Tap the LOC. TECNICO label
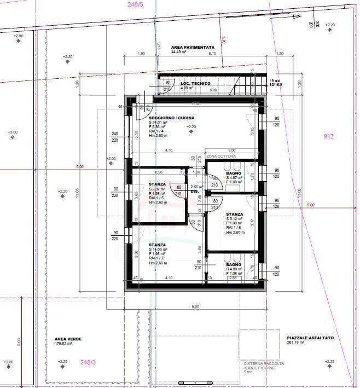tap(195, 83)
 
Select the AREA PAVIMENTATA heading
tap(193, 48)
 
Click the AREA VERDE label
tap(68, 339)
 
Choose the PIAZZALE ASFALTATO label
tap(310, 338)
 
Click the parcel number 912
tap(328, 136)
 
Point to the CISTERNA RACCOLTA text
tap(264, 364)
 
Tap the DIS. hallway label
tap(194, 192)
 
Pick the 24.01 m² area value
tap(160, 123)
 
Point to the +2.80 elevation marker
tap(18, 36)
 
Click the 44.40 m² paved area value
tap(179, 52)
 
